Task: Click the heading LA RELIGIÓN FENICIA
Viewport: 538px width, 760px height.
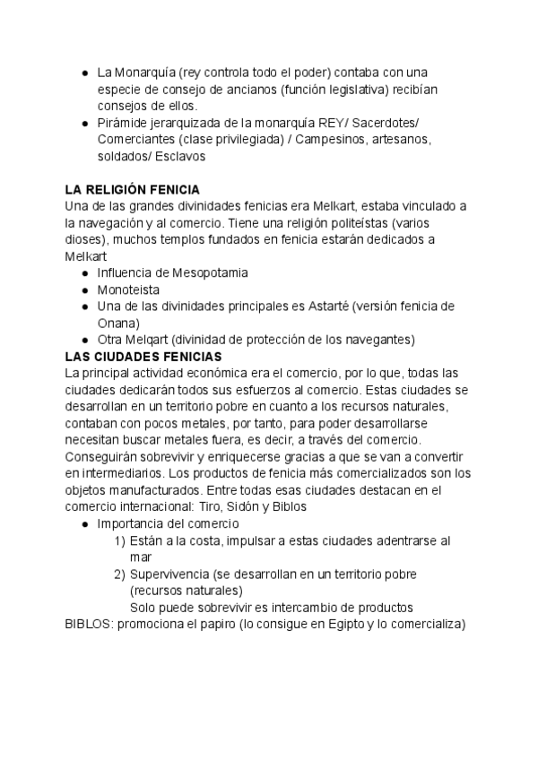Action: tap(133, 189)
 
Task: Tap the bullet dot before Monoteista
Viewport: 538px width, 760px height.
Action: tap(83, 289)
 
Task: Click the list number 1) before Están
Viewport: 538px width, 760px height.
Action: tap(119, 540)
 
